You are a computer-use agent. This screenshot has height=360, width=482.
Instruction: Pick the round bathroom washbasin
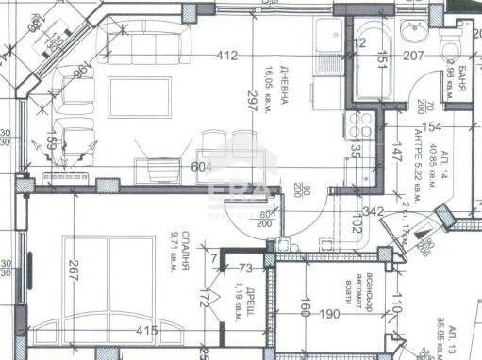pyautogui.click(x=413, y=34)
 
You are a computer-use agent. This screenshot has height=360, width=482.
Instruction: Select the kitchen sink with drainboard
pyautogui.click(x=332, y=47)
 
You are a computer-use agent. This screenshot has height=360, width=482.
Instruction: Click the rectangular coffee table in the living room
pyautogui.click(x=140, y=97)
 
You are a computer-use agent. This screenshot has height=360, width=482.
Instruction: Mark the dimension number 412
pyautogui.click(x=226, y=56)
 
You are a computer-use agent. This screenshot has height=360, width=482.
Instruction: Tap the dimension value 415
pyautogui.click(x=145, y=332)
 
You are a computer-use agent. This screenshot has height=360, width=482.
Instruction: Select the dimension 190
pyautogui.click(x=328, y=313)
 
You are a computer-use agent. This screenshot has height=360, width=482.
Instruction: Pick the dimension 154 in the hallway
pyautogui.click(x=431, y=127)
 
